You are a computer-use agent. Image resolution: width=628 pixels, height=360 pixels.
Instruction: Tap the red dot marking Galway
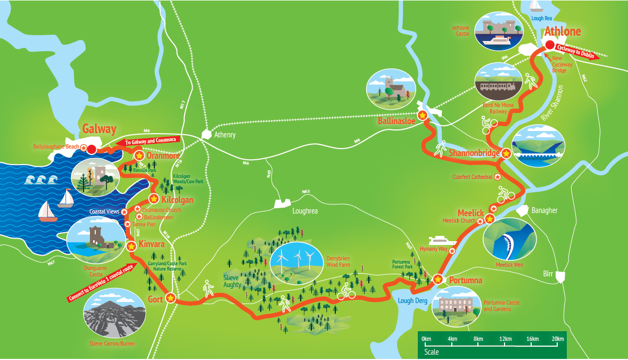pos(91,149)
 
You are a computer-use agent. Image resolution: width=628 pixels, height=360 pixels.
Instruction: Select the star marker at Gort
pos(170,298)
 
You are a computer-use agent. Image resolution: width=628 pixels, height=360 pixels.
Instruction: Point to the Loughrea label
pos(305,211)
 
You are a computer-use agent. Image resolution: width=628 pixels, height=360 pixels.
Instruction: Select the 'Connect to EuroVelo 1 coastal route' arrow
pos(100,283)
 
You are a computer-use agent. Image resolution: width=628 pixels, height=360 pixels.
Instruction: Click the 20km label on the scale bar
pos(557,339)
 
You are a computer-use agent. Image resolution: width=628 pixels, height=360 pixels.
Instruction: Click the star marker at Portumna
pos(437,279)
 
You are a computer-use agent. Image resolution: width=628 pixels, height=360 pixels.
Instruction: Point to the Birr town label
pos(548,273)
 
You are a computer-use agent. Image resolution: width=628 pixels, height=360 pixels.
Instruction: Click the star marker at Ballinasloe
pos(423,115)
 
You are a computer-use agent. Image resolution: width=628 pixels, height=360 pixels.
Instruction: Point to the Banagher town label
pos(544,210)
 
